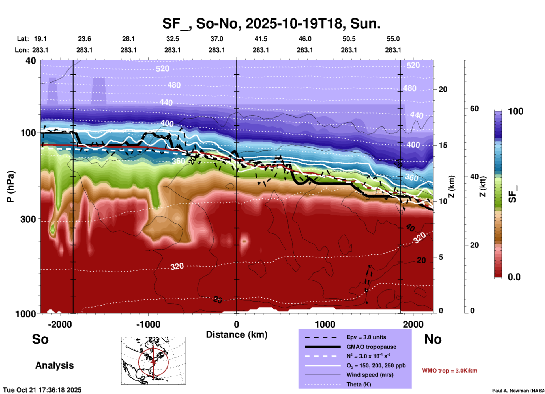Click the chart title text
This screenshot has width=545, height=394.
[271, 23]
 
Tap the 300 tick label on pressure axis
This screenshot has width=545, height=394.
[28, 219]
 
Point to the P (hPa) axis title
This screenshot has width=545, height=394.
[10, 187]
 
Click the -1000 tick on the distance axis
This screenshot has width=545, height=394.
[148, 324]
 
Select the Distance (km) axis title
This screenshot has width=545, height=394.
[237, 335]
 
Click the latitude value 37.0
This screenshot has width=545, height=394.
[216, 39]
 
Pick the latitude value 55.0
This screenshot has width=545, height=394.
[393, 39]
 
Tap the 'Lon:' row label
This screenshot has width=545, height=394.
[22, 50]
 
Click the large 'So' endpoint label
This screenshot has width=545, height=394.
[40, 339]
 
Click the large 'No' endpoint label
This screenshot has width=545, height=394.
[433, 339]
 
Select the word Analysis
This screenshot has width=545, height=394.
[54, 365]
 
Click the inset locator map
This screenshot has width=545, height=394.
[153, 360]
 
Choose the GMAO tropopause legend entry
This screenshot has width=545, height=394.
[371, 347]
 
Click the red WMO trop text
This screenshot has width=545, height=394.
[449, 371]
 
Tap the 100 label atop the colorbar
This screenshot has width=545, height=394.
[516, 111]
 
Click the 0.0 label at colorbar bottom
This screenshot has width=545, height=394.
[514, 277]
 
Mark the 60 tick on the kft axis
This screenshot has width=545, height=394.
[474, 109]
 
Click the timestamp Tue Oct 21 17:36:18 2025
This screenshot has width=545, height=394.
[42, 390]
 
